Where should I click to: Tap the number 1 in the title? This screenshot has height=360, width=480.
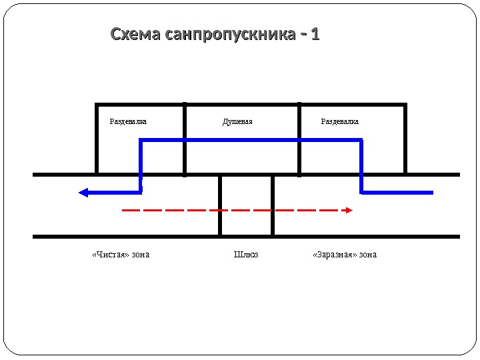click(x=315, y=34)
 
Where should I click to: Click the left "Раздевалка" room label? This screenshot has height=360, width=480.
click(x=128, y=122)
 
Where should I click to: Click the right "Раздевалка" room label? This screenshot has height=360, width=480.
click(x=340, y=122)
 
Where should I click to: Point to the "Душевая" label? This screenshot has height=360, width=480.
click(x=237, y=122)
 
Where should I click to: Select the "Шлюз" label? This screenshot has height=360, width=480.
click(x=246, y=255)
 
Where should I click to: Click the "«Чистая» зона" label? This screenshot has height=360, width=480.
click(x=121, y=255)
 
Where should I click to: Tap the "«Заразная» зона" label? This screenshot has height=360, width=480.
click(x=345, y=255)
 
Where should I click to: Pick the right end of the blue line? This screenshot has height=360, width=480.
click(x=432, y=193)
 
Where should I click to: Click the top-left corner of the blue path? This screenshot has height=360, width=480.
click(x=141, y=140)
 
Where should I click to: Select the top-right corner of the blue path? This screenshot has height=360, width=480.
click(x=361, y=140)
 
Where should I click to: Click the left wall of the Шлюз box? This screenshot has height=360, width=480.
click(x=220, y=205)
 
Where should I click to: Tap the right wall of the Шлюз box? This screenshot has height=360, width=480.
click(x=273, y=205)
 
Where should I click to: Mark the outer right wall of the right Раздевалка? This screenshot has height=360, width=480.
click(x=405, y=139)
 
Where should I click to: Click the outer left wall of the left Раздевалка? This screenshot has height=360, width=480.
click(x=97, y=139)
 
